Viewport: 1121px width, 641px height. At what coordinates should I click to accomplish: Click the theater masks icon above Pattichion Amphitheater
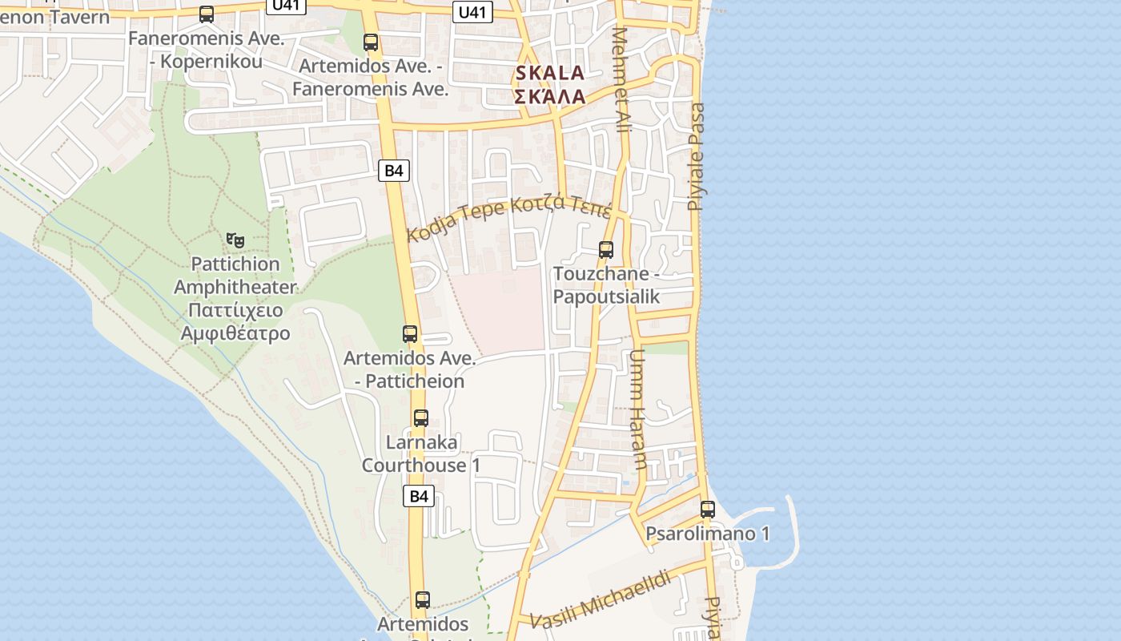pos(235,240)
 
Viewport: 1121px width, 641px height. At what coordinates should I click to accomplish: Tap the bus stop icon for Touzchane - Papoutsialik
pos(606,250)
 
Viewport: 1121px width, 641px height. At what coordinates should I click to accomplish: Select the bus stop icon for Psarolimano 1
pos(707,509)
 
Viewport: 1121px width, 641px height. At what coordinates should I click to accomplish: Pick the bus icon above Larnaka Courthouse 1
pos(421,417)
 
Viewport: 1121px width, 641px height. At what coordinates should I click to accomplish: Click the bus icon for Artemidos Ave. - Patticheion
pos(410,333)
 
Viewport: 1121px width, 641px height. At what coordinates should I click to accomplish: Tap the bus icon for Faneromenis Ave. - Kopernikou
pos(207,14)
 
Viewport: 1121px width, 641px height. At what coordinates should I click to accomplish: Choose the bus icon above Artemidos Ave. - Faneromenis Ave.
pos(370,42)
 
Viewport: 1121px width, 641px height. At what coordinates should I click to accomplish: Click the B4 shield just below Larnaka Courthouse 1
pos(418,496)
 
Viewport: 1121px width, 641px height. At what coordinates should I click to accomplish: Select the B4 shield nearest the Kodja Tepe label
pos(394,170)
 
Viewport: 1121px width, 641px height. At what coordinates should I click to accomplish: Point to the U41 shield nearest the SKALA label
pos(473,11)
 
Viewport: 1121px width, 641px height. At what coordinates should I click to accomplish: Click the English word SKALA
pos(549,73)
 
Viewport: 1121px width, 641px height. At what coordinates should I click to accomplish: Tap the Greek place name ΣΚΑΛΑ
pos(549,97)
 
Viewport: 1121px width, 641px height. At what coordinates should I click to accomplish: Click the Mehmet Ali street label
pos(621,80)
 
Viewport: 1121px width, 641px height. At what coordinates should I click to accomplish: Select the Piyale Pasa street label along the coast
pos(697,156)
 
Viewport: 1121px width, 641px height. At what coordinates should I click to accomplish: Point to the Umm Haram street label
pos(638,409)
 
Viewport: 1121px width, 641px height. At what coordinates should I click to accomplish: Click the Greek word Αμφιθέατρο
pos(235,333)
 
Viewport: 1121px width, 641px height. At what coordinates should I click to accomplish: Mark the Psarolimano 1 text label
pos(708,534)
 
